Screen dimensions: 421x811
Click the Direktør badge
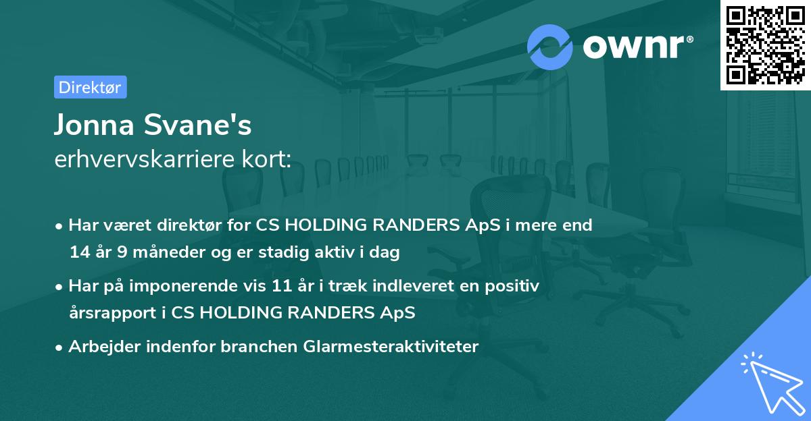[x=90, y=87]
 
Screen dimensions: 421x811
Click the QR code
[x=765, y=45]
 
